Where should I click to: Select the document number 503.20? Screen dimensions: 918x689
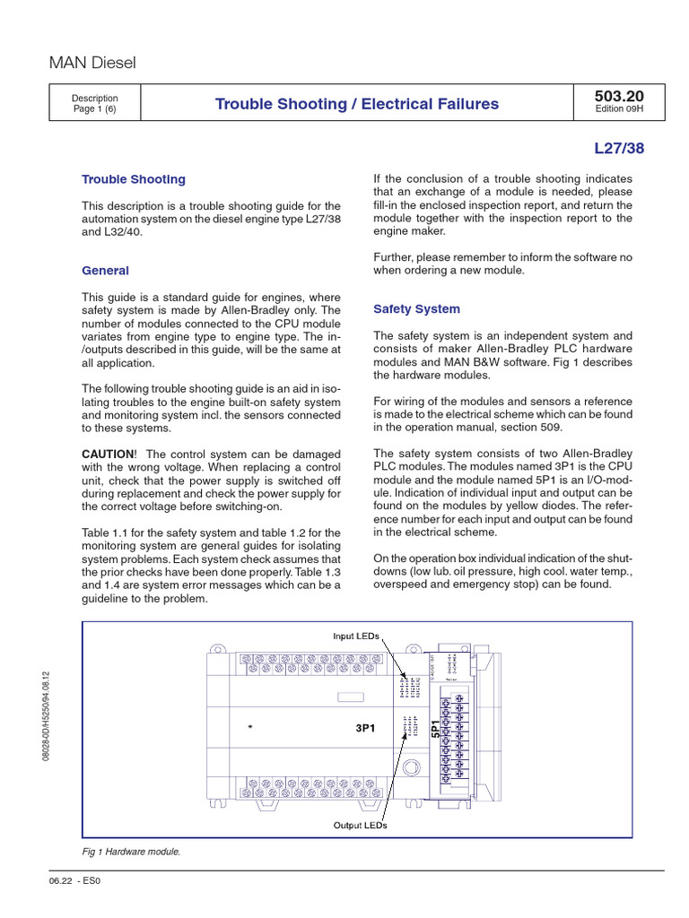[x=618, y=96]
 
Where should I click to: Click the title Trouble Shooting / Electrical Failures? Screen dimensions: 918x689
[x=357, y=104]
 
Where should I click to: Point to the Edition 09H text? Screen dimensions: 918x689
[x=618, y=110]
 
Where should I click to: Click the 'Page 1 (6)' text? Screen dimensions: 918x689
[x=94, y=110]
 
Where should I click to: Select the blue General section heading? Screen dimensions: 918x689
[x=105, y=271]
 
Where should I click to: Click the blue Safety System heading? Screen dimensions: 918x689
[x=416, y=309]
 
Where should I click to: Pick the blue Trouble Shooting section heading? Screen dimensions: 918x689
[x=134, y=179]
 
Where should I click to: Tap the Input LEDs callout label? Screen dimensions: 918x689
[x=356, y=636]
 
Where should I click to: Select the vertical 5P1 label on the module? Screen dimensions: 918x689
[x=435, y=729]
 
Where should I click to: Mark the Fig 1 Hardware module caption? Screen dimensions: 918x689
[x=131, y=852]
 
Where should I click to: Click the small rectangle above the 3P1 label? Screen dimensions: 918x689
[x=351, y=697]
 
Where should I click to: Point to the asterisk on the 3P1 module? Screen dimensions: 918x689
[x=250, y=728]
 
